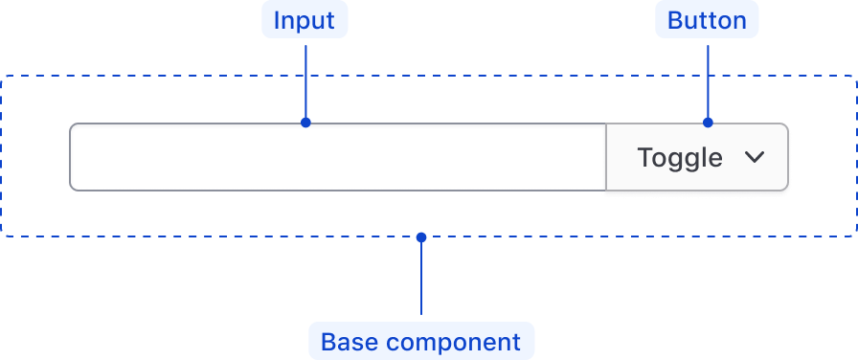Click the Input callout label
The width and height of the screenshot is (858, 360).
[x=305, y=21]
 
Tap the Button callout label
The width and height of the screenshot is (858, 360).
[x=707, y=21]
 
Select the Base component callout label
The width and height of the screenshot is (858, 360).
[x=420, y=342]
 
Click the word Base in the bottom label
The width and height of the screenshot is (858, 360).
[x=348, y=342]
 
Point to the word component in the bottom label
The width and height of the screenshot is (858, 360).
[x=452, y=342]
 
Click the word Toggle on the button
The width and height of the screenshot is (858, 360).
[x=680, y=157]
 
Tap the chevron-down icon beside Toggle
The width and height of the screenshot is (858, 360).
[x=755, y=157]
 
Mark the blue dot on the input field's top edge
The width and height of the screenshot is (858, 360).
[x=305, y=123]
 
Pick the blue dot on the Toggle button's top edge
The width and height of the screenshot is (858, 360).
[x=708, y=123]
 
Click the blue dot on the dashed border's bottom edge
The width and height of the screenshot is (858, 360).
[x=421, y=236]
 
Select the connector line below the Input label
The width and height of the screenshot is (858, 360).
[x=305, y=80]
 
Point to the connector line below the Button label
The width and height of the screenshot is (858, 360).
[x=708, y=80]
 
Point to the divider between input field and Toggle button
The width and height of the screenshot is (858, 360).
[x=606, y=157]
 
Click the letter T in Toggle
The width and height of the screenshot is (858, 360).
[x=644, y=157]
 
